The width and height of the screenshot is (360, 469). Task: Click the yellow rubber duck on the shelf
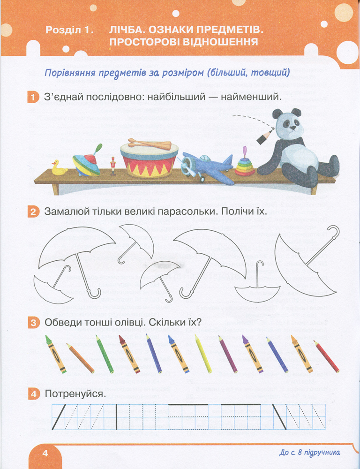pyautogui.click(x=59, y=168)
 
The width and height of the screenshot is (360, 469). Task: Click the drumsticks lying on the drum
pyautogui.click(x=150, y=144)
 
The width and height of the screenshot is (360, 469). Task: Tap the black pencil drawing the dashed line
pyautogui.click(x=265, y=136)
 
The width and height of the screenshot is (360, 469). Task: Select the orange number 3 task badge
pyautogui.click(x=33, y=323)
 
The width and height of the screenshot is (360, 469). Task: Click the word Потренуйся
pyautogui.click(x=75, y=394)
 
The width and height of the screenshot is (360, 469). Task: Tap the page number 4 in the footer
pyautogui.click(x=45, y=453)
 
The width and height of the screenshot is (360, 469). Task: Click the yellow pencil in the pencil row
pyautogui.click(x=203, y=353)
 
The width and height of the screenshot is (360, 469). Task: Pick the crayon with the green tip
pyautogui.click(x=56, y=354)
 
